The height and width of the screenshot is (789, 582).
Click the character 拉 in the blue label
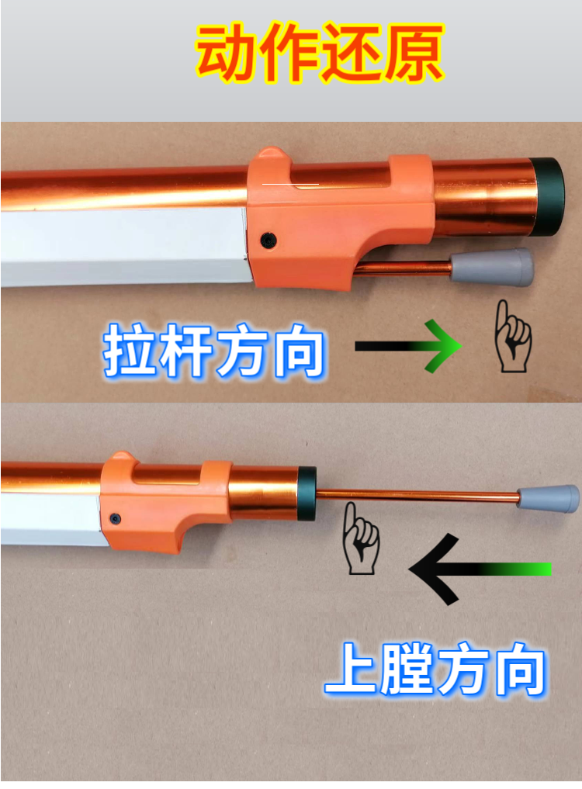[130, 350]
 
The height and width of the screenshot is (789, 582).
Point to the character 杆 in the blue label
[185, 350]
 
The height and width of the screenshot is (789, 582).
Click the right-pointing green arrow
[409, 346]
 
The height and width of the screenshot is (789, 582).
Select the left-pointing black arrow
[480, 569]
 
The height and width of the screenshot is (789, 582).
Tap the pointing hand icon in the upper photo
[512, 337]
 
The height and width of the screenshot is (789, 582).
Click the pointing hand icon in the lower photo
[359, 538]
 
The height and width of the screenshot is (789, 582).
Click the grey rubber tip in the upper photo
[492, 267]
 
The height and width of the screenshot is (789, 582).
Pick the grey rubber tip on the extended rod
[549, 498]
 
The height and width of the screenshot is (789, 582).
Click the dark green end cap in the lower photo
[307, 493]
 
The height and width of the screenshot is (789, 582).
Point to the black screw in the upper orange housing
[268, 240]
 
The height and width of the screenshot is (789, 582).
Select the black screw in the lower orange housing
[116, 518]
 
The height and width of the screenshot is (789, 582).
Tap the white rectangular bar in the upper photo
[124, 247]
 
